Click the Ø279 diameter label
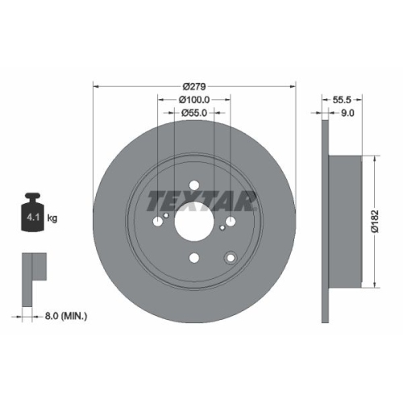click(x=195, y=86)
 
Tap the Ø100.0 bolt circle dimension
click(x=195, y=100)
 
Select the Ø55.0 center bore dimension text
click(x=195, y=114)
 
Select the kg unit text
click(x=53, y=218)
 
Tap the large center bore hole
click(x=194, y=221)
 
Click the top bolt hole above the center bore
click(x=194, y=184)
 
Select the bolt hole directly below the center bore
click(x=194, y=258)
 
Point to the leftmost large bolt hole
click(x=157, y=221)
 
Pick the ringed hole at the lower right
click(x=231, y=258)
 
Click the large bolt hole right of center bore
click(x=231, y=221)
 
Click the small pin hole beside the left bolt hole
click(x=166, y=215)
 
